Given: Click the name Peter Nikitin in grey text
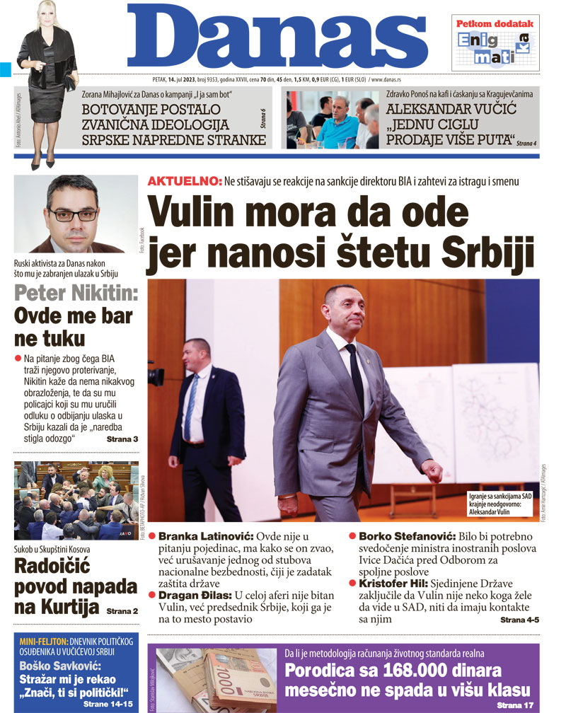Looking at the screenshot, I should (x=76, y=294).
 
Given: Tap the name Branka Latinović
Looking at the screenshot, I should (x=206, y=537).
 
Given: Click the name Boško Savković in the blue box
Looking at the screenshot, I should (x=62, y=667).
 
